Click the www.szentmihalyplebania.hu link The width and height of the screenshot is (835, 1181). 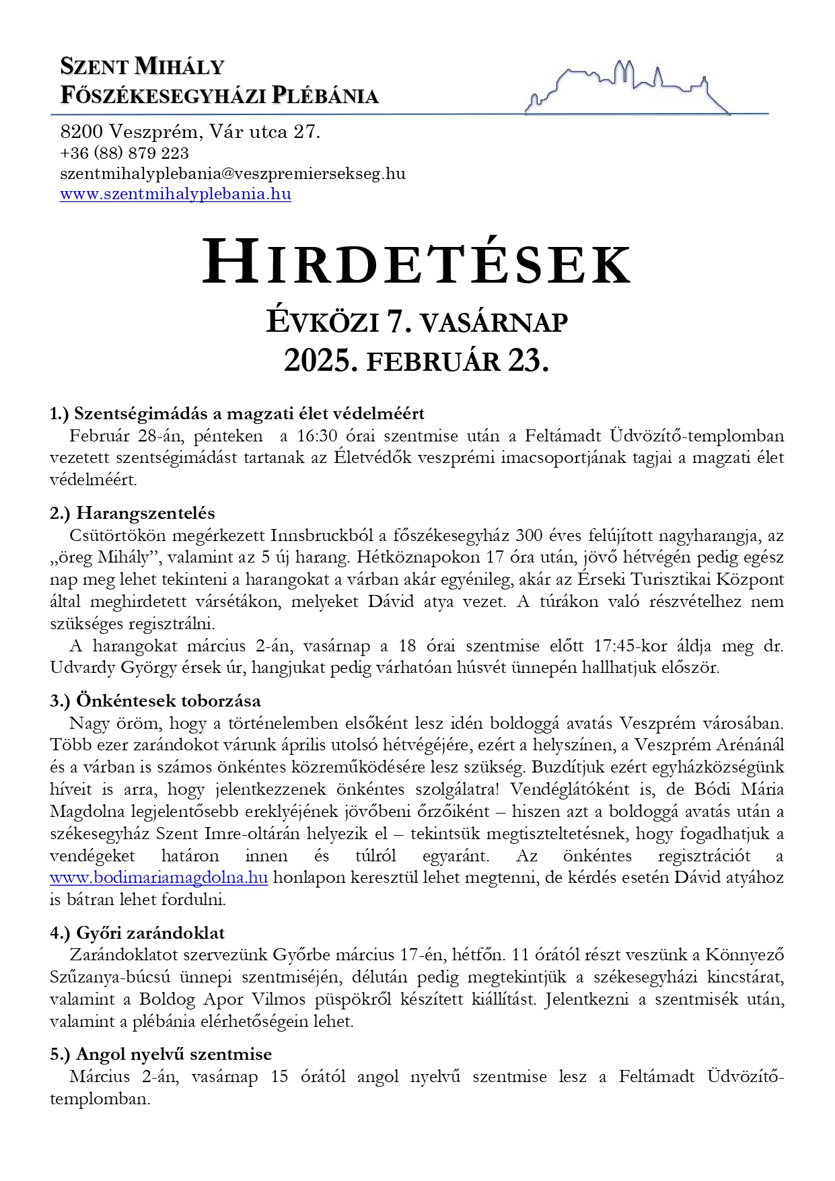tap(175, 194)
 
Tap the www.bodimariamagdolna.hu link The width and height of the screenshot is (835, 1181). tap(159, 878)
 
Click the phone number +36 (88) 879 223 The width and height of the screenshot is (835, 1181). tap(124, 153)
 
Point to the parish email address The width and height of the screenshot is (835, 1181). tap(233, 174)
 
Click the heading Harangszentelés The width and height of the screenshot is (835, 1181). tap(145, 513)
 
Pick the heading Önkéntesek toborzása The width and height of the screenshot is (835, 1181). tap(168, 701)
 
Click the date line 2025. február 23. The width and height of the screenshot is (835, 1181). tap(416, 361)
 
